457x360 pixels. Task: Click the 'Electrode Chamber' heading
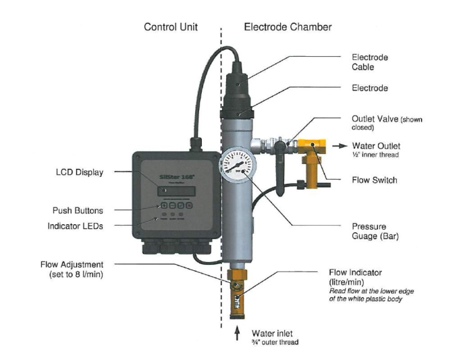tap(288, 27)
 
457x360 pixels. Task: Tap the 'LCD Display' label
tap(80, 172)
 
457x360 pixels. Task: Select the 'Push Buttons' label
tap(78, 211)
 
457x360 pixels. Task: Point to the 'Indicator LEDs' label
tap(76, 226)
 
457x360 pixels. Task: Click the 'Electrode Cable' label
tap(370, 62)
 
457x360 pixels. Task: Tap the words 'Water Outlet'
tap(376, 145)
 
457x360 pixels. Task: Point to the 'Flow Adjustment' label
tap(73, 264)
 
